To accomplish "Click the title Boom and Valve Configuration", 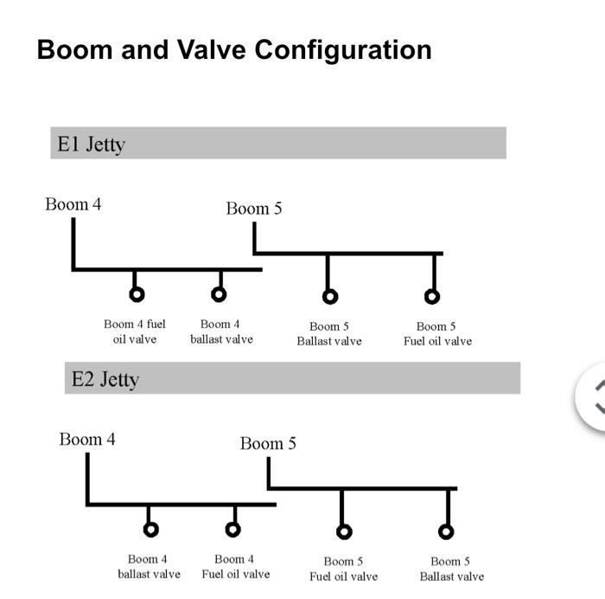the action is [x=234, y=50].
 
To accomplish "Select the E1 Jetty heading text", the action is [x=91, y=145].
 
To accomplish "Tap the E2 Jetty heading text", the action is [x=105, y=379].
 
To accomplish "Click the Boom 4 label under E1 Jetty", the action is [x=73, y=204].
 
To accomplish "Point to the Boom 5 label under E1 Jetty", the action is [x=254, y=209].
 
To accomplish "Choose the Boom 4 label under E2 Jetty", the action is [x=87, y=440].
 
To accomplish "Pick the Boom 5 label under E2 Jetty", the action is [x=268, y=443].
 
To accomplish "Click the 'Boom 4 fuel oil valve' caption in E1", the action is [x=135, y=332].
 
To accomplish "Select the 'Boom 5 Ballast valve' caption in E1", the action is [x=329, y=334].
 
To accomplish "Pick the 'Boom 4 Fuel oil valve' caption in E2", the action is [x=236, y=566].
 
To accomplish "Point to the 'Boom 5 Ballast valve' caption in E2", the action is [x=452, y=569].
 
